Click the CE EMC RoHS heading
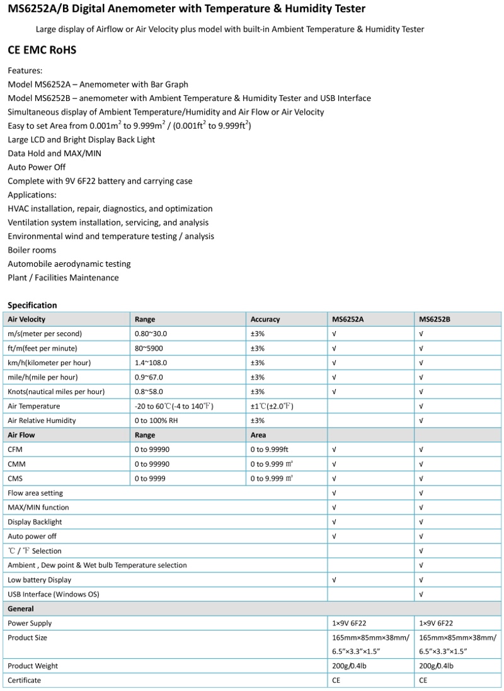pos(42,50)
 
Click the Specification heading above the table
pos(32,305)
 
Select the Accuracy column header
pos(265,320)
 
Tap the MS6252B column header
pos(435,320)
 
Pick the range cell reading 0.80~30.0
pos(151,334)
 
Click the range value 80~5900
pos(149,348)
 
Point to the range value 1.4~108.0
pos(151,363)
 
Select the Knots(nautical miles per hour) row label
pos(56,392)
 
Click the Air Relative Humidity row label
pos(42,421)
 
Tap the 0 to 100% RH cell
pos(156,421)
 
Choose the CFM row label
pos(15,450)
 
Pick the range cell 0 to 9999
pos(150,479)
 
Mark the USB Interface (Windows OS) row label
pos(54,594)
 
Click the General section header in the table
pos(21,608)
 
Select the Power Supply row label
pos(30,623)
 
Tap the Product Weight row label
pos(33,666)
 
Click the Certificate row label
pos(25,680)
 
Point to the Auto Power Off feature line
pos(37,167)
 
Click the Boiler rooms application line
pos(32,250)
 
